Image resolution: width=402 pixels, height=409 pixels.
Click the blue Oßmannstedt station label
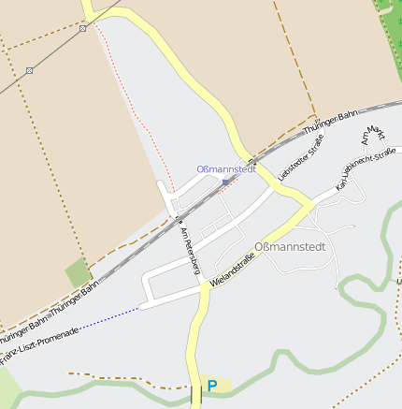tap(225, 168)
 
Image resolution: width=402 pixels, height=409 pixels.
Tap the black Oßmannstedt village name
tap(290, 248)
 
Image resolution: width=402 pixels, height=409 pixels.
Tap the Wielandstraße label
tap(233, 269)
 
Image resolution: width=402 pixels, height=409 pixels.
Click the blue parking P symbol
tap(212, 386)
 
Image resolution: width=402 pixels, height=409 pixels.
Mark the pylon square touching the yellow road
tap(83, 27)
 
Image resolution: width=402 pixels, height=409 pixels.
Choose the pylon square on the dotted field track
tap(30, 70)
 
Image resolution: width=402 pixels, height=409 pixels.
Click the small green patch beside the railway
tap(79, 272)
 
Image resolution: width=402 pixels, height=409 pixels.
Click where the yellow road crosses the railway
tap(250, 158)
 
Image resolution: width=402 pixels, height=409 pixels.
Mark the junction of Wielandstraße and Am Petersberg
tap(202, 286)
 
